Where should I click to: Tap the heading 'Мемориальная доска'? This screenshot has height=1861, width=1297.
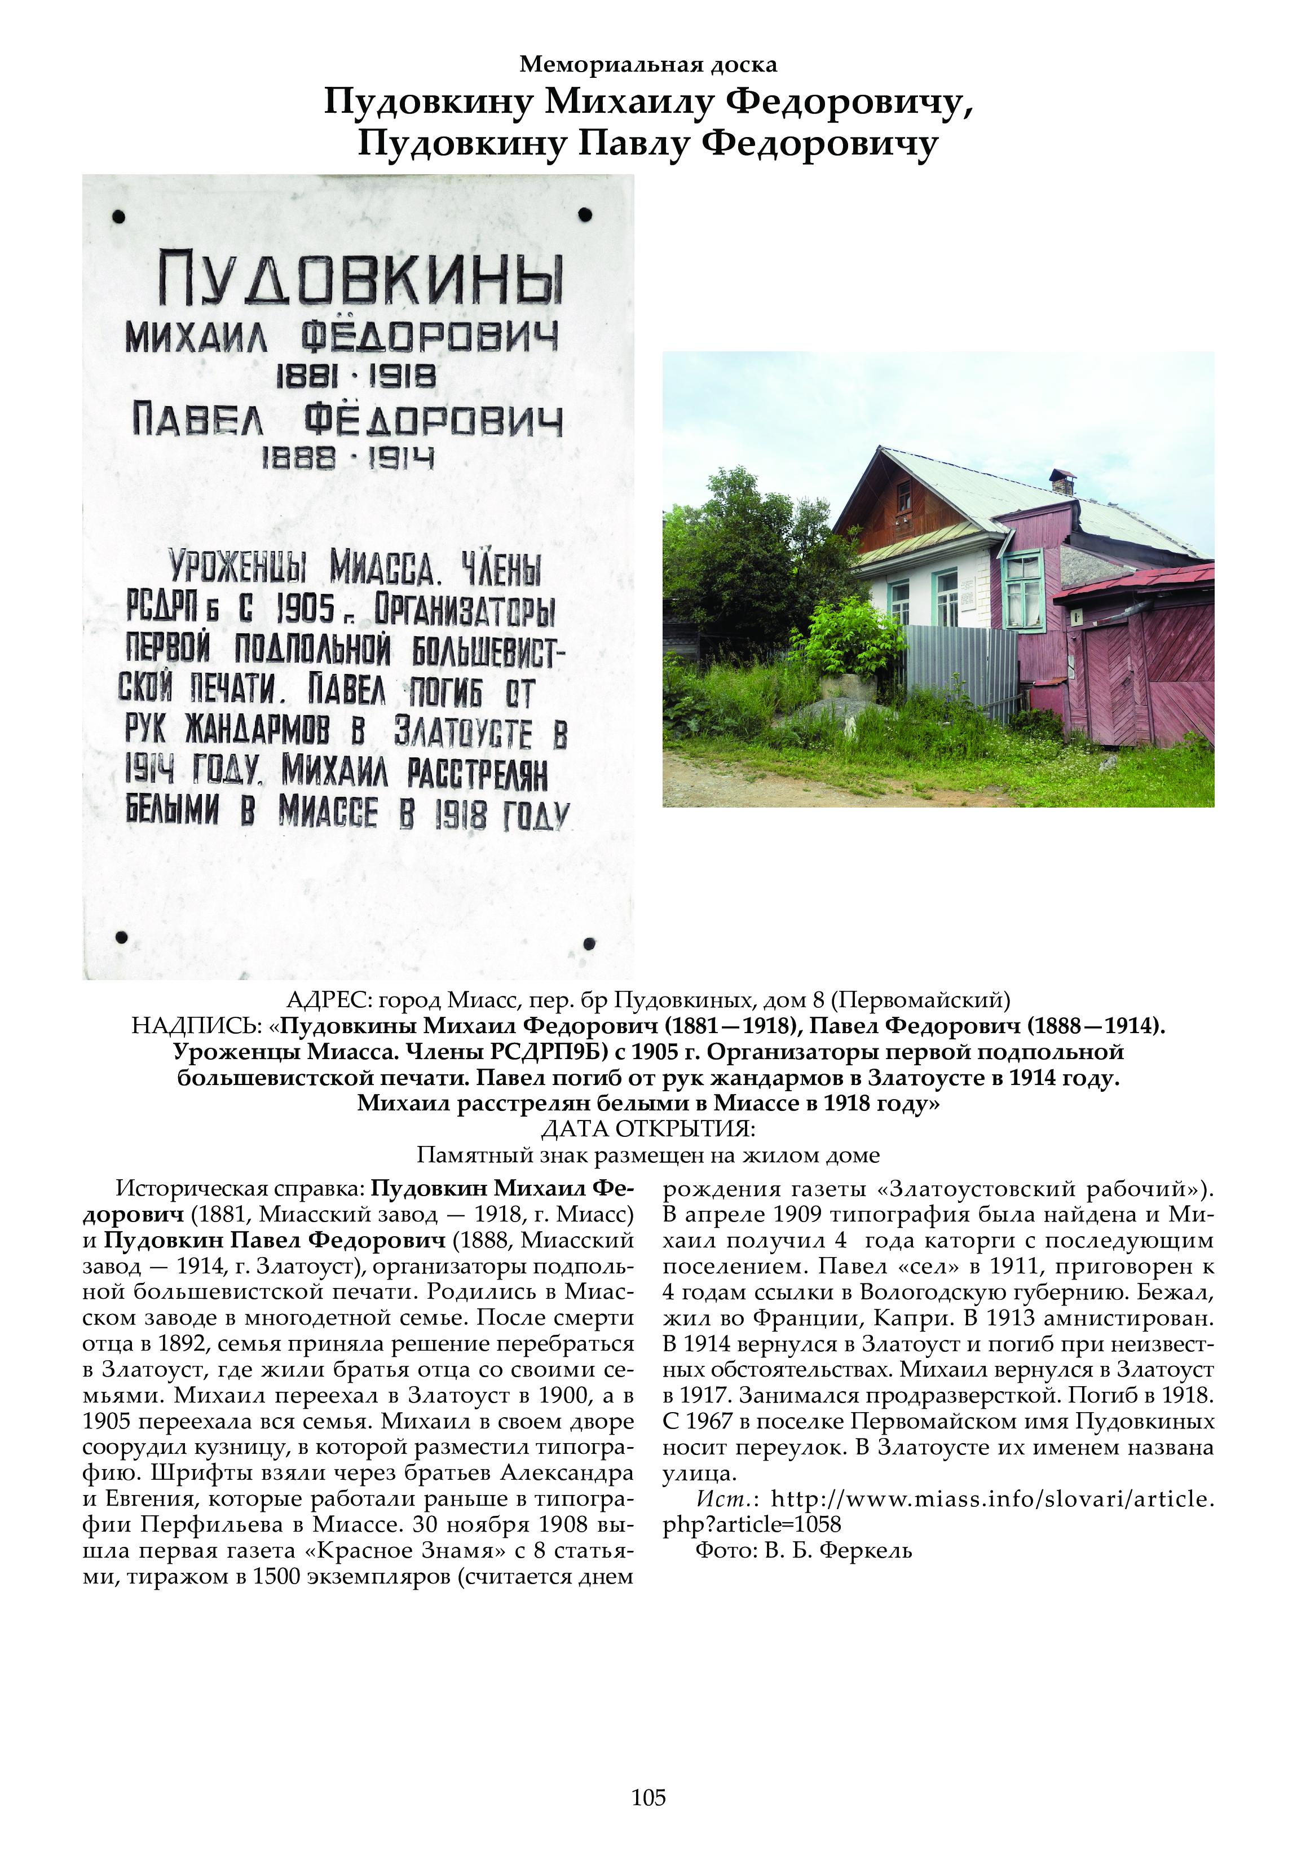[648, 64]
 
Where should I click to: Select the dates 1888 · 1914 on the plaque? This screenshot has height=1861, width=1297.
[348, 460]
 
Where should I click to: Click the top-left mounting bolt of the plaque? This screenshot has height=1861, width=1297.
[118, 217]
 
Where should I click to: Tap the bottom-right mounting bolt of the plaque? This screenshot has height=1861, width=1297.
[589, 943]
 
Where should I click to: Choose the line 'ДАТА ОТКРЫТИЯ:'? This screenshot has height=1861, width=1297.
[648, 1128]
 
